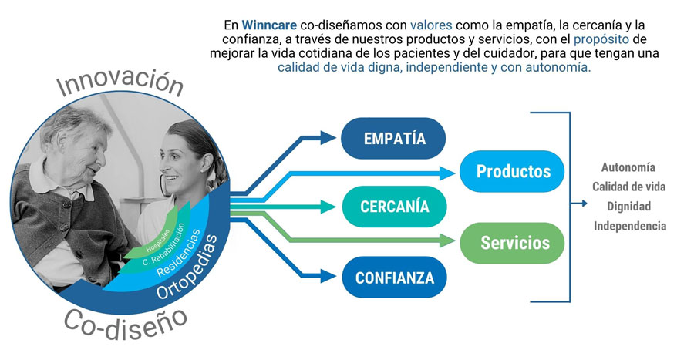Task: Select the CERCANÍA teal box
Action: point(394,207)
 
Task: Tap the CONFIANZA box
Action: point(394,277)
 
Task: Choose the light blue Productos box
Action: point(513,171)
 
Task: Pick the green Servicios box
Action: point(514,244)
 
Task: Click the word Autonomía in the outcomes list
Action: point(628,167)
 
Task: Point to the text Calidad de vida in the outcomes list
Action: point(628,187)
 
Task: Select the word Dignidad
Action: point(628,207)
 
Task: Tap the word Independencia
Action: point(628,227)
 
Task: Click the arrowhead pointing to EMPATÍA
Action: point(330,139)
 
